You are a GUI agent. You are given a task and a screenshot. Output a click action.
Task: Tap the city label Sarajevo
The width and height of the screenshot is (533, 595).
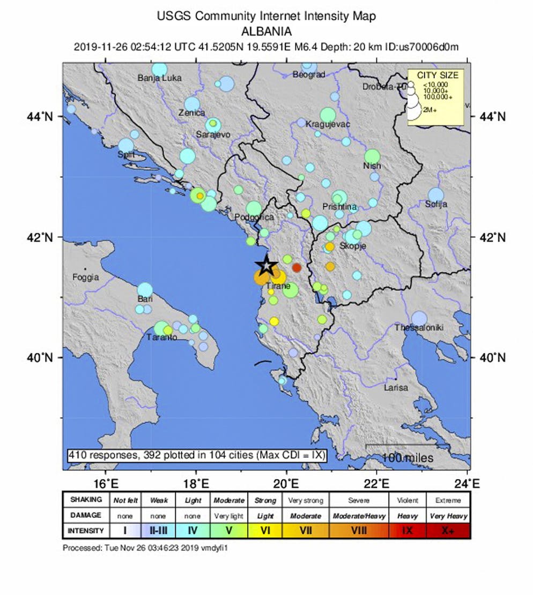(x=213, y=135)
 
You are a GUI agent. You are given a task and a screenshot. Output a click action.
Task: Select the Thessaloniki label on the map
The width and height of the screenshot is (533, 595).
(x=418, y=328)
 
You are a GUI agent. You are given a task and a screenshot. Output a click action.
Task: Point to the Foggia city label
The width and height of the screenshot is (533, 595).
(x=86, y=277)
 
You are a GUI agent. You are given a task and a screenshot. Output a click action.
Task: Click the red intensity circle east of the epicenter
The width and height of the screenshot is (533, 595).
(x=297, y=268)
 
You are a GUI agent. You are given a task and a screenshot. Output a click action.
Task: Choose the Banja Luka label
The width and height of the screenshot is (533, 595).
(x=159, y=78)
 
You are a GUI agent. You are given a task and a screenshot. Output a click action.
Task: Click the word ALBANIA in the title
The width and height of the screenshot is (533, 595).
(x=266, y=31)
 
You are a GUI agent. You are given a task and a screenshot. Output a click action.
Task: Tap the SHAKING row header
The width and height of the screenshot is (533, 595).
(x=86, y=500)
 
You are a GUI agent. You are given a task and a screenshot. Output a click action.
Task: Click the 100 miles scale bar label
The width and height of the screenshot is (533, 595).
(x=408, y=458)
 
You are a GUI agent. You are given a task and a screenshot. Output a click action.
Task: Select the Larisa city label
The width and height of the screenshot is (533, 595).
(x=396, y=387)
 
